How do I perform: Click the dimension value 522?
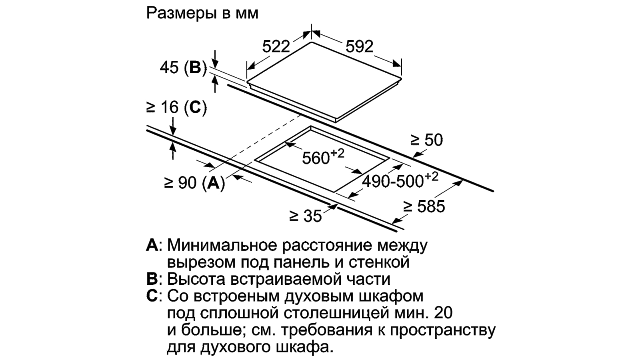tap(276, 46)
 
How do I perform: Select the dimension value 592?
tap(360, 46)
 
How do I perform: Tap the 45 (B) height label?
tap(183, 68)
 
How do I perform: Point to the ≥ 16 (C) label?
tap(176, 108)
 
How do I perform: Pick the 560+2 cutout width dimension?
tap(323, 157)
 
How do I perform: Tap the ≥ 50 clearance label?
tap(426, 140)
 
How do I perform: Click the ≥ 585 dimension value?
tap(424, 206)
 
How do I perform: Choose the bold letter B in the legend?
tap(152, 279)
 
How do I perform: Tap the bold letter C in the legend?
tap(152, 296)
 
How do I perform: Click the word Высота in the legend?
tap(196, 279)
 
